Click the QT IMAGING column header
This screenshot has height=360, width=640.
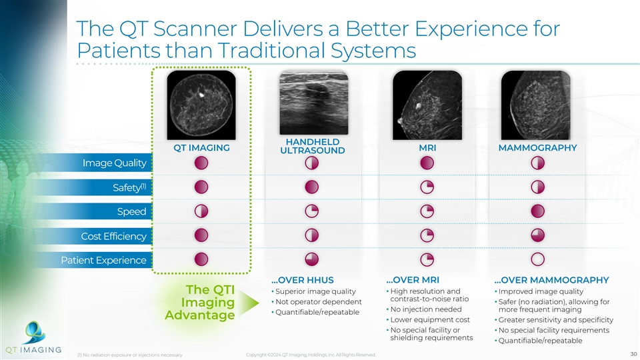(x=201, y=148)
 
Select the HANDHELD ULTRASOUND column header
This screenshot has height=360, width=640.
(x=312, y=146)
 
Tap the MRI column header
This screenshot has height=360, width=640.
(x=427, y=148)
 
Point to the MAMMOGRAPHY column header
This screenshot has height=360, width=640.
(x=537, y=148)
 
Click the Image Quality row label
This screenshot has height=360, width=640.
(x=114, y=163)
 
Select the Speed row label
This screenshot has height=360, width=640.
(x=131, y=212)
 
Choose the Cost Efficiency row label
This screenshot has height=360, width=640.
(x=113, y=236)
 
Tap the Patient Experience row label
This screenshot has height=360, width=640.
(x=103, y=260)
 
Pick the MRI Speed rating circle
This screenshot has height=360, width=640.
(x=427, y=211)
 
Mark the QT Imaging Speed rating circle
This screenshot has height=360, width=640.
(x=201, y=211)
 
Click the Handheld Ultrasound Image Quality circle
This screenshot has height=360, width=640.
(x=312, y=163)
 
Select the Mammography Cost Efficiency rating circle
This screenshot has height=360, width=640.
(x=538, y=235)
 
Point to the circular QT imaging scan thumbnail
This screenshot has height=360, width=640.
(x=201, y=103)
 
